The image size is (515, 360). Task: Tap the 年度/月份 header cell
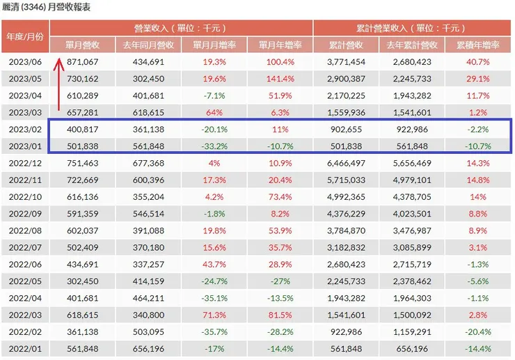pyautogui.click(x=25, y=36)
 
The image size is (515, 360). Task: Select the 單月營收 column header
pyautogui.click(x=82, y=45)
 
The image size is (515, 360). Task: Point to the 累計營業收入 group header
pyautogui.click(x=413, y=29)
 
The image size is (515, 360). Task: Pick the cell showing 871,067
pyautogui.click(x=82, y=62)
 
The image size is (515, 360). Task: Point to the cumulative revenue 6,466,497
pyautogui.click(x=347, y=163)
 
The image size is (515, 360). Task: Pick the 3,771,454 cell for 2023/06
pyautogui.click(x=347, y=62)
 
